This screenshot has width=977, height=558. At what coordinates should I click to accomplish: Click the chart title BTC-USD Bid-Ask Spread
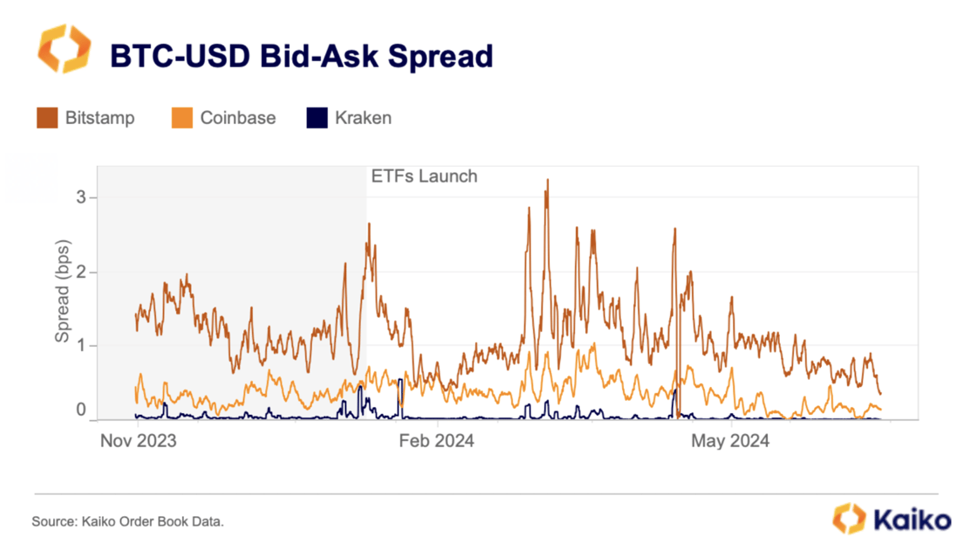(x=301, y=56)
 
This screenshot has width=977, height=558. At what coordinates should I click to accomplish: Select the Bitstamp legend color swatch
(x=46, y=118)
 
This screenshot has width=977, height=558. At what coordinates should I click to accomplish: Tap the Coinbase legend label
(x=237, y=118)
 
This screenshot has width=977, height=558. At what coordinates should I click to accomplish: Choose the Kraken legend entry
(x=363, y=118)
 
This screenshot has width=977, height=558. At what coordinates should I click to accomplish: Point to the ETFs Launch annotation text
(x=424, y=176)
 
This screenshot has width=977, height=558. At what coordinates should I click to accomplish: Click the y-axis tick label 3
(x=80, y=198)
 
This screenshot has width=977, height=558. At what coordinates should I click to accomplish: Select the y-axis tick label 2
(x=80, y=272)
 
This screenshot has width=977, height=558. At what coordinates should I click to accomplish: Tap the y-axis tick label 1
(x=80, y=346)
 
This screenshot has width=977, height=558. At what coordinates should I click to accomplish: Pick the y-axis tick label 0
(x=80, y=410)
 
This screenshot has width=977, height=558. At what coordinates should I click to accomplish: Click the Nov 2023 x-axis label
(x=139, y=441)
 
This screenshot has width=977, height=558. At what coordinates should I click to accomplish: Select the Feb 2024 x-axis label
(x=436, y=441)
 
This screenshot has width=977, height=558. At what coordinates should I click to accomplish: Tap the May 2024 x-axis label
(x=730, y=441)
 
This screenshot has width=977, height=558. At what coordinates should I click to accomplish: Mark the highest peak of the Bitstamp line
(x=547, y=181)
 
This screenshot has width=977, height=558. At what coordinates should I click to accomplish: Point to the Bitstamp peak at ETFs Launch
(x=369, y=224)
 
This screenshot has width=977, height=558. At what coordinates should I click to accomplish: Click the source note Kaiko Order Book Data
(x=128, y=521)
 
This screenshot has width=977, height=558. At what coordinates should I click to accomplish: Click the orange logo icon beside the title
(x=64, y=49)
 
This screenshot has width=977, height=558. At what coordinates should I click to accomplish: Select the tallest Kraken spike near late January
(x=400, y=381)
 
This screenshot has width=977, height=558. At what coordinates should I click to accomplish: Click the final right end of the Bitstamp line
(x=880, y=394)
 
